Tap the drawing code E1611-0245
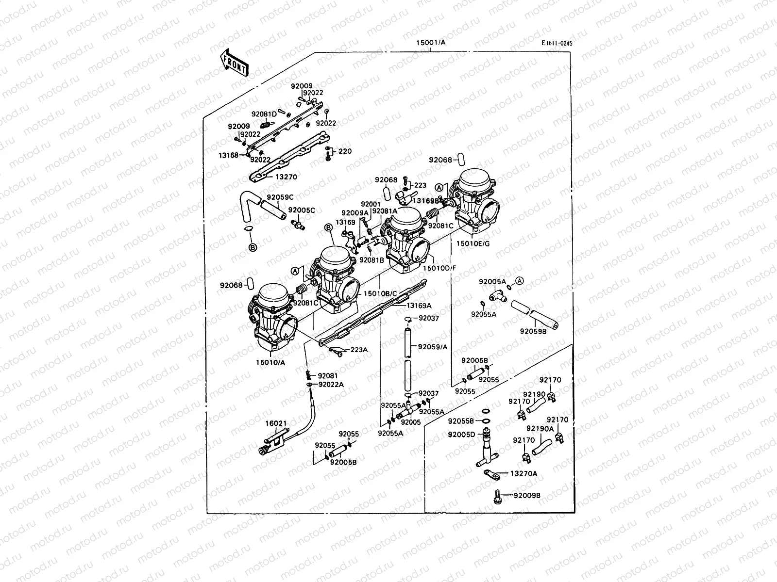pyautogui.click(x=557, y=43)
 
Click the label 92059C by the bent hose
pyautogui.click(x=280, y=197)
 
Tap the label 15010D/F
pyautogui.click(x=439, y=267)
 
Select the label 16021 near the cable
pyautogui.click(x=275, y=423)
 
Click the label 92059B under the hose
pyautogui.click(x=533, y=332)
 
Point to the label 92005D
pyautogui.click(x=461, y=434)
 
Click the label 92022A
pyautogui.click(x=331, y=385)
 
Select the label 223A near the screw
pyautogui.click(x=359, y=349)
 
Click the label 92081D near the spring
pyautogui.click(x=264, y=114)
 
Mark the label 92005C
pyautogui.click(x=302, y=210)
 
